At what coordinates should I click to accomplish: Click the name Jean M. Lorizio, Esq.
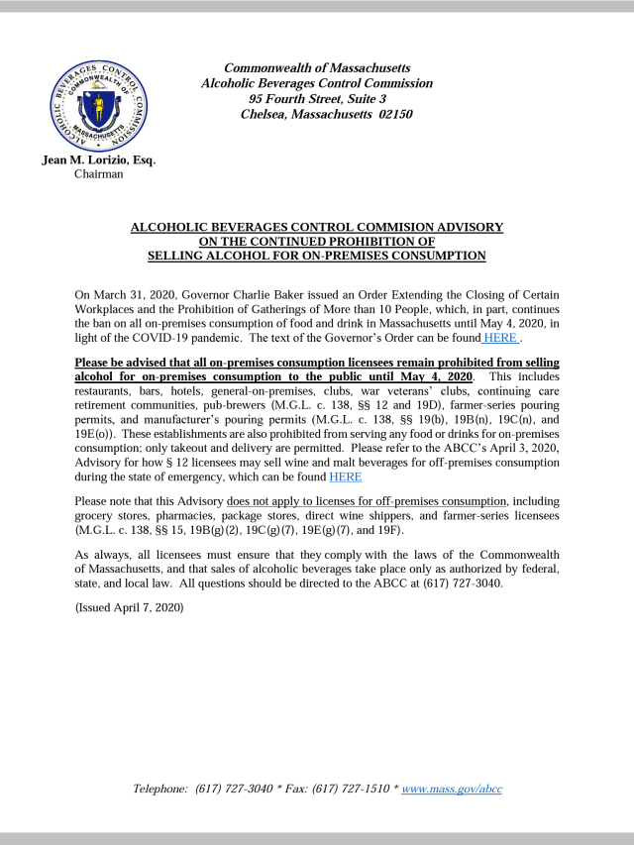click(x=98, y=159)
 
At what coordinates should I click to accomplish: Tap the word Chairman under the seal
click(x=98, y=174)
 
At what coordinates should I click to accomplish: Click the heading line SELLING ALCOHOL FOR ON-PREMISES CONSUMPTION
click(x=316, y=256)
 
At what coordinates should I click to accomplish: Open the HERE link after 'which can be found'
click(x=345, y=475)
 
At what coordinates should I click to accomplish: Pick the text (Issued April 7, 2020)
click(x=130, y=606)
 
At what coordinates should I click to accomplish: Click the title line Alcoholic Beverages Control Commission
click(x=317, y=84)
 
